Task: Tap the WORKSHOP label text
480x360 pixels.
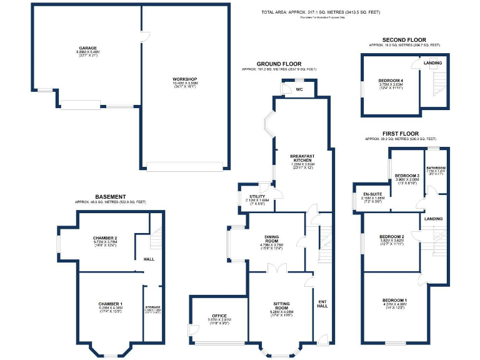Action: coord(185,79)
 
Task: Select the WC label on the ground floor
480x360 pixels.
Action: coord(299,89)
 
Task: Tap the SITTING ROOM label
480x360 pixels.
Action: coord(281,304)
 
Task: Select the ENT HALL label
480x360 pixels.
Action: coord(322,303)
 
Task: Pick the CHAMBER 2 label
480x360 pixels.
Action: coord(105,238)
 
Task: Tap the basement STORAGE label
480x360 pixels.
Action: coord(153,307)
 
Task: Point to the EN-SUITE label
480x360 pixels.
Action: coord(372,194)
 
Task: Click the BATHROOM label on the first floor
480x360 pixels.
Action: coord(436,168)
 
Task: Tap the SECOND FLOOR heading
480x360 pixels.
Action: coord(404,39)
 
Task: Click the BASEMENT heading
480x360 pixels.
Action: coord(110,196)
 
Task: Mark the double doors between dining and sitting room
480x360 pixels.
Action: coord(277,269)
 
